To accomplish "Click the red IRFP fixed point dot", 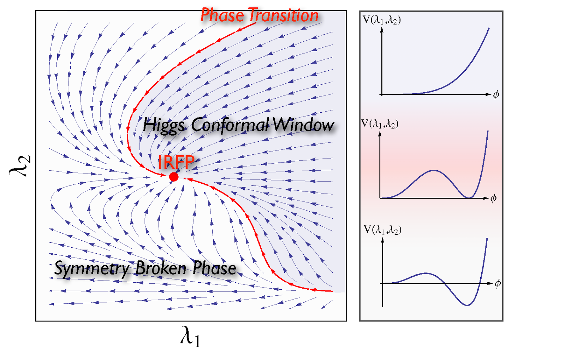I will [x=174, y=177].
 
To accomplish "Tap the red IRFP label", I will [x=176, y=162].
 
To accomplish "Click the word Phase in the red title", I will [x=222, y=16].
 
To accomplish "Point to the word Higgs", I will [x=164, y=125].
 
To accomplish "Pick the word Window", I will [x=303, y=125].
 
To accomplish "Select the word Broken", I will [x=161, y=268].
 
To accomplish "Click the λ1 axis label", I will [x=190, y=336].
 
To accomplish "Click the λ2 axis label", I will [x=20, y=166].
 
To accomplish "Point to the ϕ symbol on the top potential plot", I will [x=496, y=95].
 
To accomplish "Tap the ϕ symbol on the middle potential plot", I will [x=494, y=198].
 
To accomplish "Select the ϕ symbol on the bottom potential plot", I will [x=498, y=283].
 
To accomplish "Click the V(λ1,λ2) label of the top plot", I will [x=382, y=20].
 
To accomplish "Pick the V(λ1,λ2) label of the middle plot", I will [x=380, y=124].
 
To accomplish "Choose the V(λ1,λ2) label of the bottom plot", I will [x=382, y=230].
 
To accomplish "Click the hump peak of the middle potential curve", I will [x=434, y=171].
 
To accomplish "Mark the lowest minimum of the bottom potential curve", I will [x=468, y=305].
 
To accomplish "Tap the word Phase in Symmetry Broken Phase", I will [x=214, y=268].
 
